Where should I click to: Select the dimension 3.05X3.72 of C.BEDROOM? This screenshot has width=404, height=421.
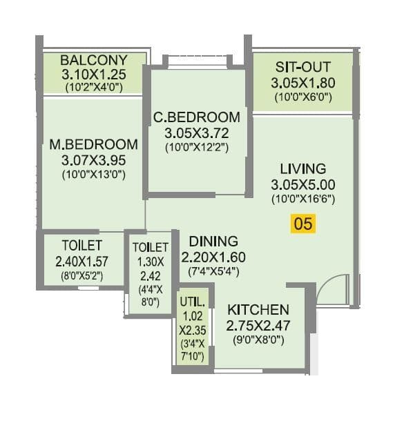197,133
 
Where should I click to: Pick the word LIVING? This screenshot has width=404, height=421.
302,168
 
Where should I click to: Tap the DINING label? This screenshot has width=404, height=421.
213,241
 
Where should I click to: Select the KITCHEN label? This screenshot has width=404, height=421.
258,309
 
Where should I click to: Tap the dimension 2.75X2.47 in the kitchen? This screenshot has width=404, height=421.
258,325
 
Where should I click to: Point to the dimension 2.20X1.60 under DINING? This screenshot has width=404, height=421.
213,257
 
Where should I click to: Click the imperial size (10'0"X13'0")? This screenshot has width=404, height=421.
93,175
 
